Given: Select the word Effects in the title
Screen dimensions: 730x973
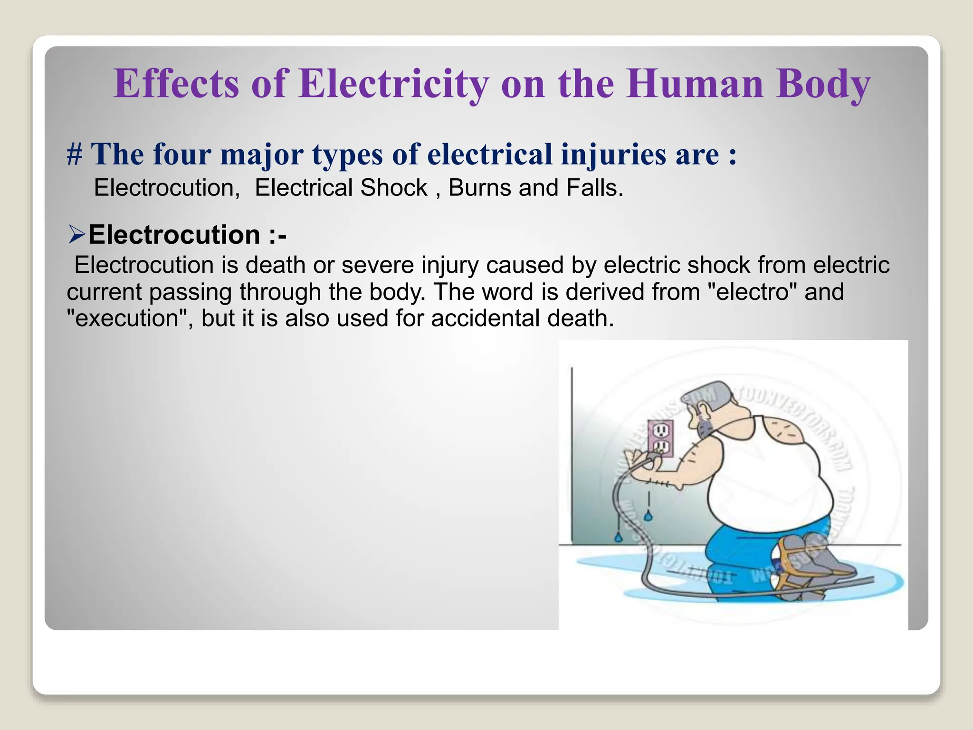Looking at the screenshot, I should pos(176,84).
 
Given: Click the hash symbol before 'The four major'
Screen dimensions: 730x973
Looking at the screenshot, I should pos(75,154).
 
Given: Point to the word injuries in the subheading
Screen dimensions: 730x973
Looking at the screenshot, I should pos(613,155).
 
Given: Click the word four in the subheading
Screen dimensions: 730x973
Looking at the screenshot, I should pos(181,155).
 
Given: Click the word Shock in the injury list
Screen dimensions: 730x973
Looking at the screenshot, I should pos(394,188).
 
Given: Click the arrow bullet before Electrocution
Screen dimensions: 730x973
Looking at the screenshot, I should pos(76,235).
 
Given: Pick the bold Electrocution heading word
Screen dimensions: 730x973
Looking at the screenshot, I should pos(174,235).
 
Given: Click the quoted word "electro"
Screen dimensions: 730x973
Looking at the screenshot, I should pos(749,291).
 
